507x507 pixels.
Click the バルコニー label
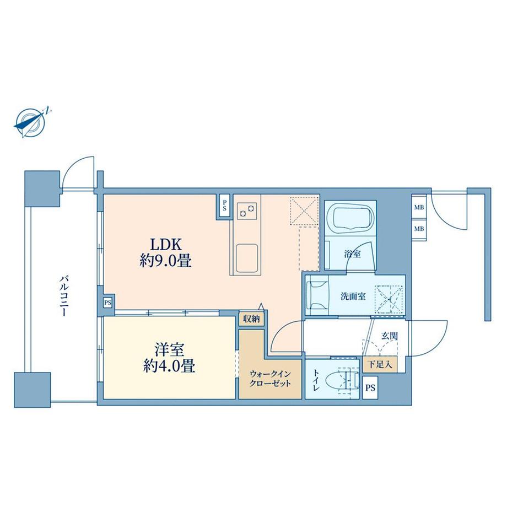click(x=63, y=295)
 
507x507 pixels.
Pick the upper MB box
click(x=419, y=208)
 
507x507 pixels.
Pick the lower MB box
click(x=419, y=228)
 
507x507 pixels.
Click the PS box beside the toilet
click(x=370, y=386)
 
